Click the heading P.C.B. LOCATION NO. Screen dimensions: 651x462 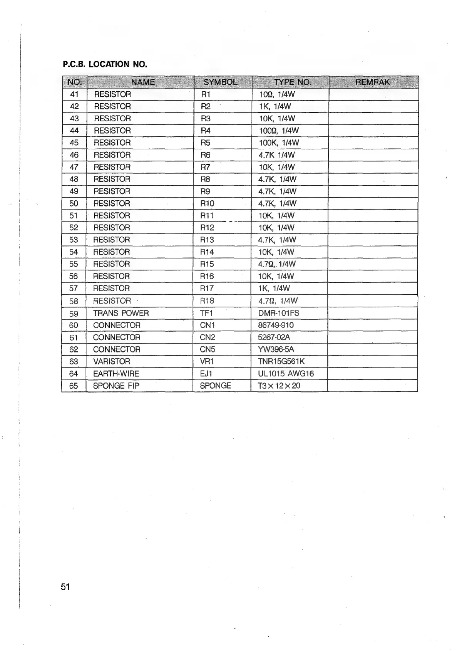click(x=105, y=64)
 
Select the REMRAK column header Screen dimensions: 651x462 click(x=372, y=82)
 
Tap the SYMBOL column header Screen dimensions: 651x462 click(x=221, y=82)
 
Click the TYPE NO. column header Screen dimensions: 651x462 click(x=292, y=82)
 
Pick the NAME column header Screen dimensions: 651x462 click(x=142, y=82)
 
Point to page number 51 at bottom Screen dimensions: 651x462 click(x=65, y=587)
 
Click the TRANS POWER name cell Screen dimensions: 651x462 click(x=121, y=313)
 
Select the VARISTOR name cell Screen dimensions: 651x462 click(x=112, y=361)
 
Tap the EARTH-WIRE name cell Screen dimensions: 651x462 click(x=116, y=374)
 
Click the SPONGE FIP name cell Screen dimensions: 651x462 click(x=116, y=386)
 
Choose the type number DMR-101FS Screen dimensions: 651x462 click(x=278, y=313)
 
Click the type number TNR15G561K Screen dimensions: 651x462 click(x=281, y=361)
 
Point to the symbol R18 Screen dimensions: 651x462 click(x=207, y=301)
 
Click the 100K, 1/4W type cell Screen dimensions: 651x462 click(x=279, y=143)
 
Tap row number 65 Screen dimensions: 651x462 click(x=74, y=386)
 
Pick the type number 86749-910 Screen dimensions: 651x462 click(x=276, y=325)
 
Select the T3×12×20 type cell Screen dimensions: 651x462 click(x=279, y=386)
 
